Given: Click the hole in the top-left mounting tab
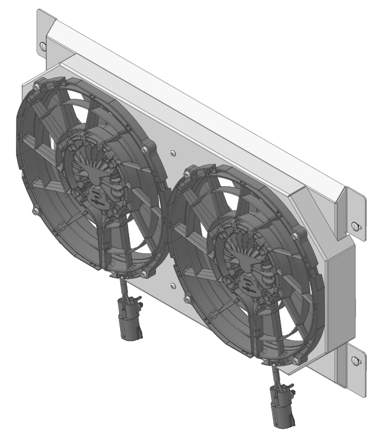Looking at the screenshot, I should click(x=44, y=46).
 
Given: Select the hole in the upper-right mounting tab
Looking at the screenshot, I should click(x=356, y=225).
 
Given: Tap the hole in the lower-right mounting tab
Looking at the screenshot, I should click(x=356, y=361).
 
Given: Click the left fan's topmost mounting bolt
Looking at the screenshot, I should click(x=37, y=86).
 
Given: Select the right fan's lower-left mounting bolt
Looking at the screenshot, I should click(x=187, y=299).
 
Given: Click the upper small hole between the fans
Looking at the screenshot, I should click(x=173, y=153).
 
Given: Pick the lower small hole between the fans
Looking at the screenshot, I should click(x=173, y=284).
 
